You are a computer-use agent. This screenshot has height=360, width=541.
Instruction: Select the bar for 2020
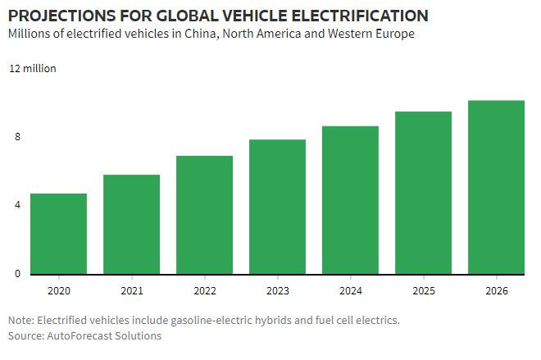click(x=58, y=234)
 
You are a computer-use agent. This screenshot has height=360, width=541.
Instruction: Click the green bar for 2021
click(x=131, y=224)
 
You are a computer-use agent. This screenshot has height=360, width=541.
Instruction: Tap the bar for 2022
click(x=204, y=215)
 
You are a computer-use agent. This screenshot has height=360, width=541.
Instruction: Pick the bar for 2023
click(x=277, y=207)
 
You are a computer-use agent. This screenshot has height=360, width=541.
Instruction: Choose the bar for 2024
click(x=350, y=200)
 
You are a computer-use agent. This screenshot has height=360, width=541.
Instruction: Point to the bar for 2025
click(x=423, y=193)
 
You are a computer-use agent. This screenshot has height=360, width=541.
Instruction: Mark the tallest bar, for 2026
click(x=496, y=187)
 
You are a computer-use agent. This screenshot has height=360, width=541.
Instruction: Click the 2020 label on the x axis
click(x=58, y=291)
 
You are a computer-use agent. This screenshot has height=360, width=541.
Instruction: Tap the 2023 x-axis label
click(x=277, y=291)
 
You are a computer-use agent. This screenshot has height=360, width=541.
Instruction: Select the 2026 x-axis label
click(x=496, y=291)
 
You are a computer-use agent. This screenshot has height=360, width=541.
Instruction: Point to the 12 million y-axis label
click(x=33, y=69)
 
